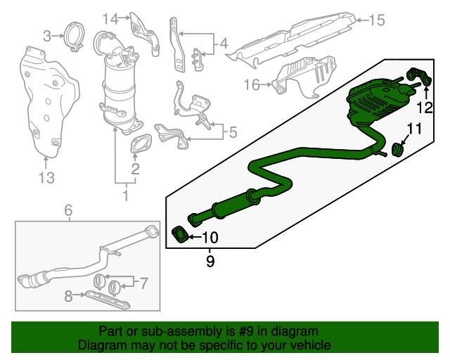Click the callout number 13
coord(46,178)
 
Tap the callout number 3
coord(48,35)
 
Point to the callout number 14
coord(110,18)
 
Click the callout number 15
coord(378,20)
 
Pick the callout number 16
coord(252,85)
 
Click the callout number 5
coord(232,131)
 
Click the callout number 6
coord(68,210)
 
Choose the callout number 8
coord(68,297)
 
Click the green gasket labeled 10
coord(180,233)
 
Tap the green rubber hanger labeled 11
coord(398,149)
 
